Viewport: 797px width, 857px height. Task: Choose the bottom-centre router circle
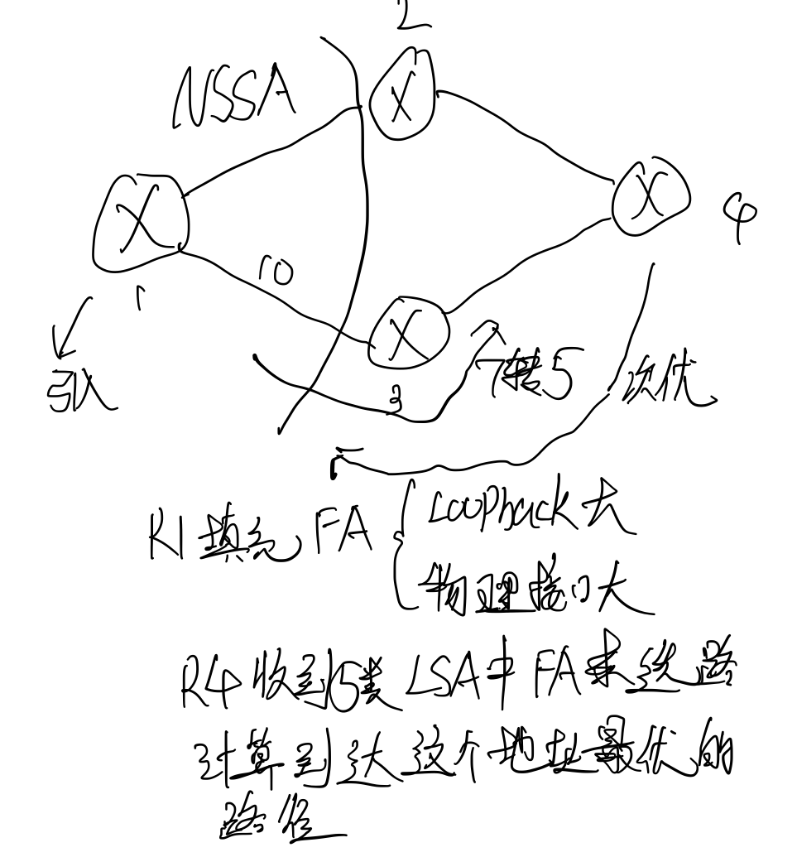tap(407, 333)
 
